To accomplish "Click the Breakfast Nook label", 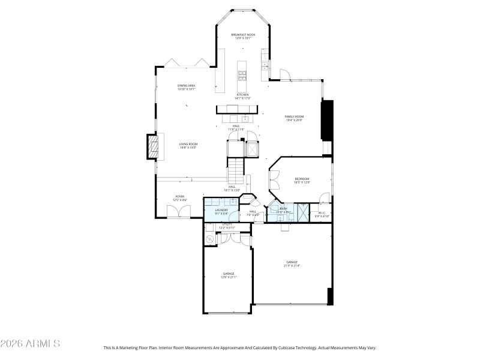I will coord(243,35).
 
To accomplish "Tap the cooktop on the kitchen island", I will coord(243,75).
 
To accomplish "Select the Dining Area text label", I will coord(186,86).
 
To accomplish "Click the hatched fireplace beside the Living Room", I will coord(154,147).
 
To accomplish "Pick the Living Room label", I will coord(188,144).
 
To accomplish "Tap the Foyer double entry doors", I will coord(178,211).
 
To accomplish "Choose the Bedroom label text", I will coord(302,179).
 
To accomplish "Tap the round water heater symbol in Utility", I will coord(210,239).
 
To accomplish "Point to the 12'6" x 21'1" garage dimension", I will coord(229,277).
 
